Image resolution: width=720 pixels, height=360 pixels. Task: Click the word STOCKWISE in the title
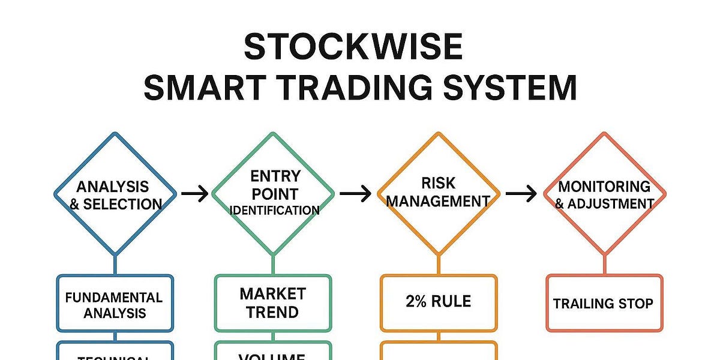[353, 47]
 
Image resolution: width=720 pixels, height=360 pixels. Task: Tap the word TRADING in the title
[344, 88]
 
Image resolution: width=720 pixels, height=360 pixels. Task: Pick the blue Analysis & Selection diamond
[115, 193]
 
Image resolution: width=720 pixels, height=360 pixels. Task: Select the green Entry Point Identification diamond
[274, 193]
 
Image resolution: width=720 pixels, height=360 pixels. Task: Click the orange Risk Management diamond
[438, 193]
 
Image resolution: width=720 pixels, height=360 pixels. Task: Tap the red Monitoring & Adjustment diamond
[604, 193]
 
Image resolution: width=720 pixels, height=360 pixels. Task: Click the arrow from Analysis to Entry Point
[194, 193]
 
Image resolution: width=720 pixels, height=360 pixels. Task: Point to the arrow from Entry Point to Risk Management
[355, 193]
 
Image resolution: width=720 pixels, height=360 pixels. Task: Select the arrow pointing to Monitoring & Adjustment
[520, 193]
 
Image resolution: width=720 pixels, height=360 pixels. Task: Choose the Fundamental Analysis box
[115, 304]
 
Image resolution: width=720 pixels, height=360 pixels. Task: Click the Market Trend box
[273, 303]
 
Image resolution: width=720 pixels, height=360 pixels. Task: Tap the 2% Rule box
[438, 303]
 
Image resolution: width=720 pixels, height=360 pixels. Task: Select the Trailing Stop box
[604, 303]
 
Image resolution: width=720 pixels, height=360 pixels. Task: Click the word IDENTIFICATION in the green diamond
[274, 211]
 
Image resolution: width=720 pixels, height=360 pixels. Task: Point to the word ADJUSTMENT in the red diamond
[611, 204]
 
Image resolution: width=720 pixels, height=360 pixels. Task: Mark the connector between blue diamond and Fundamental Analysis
[115, 264]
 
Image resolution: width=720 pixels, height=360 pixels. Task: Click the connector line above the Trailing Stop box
[604, 264]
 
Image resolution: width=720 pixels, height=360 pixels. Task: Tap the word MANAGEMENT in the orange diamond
[438, 202]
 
